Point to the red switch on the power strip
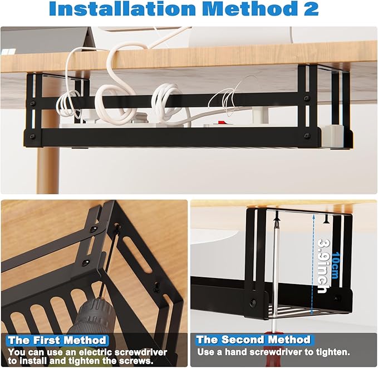pos(221,122)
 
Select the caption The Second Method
pos(253,339)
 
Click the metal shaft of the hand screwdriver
pos(276,278)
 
